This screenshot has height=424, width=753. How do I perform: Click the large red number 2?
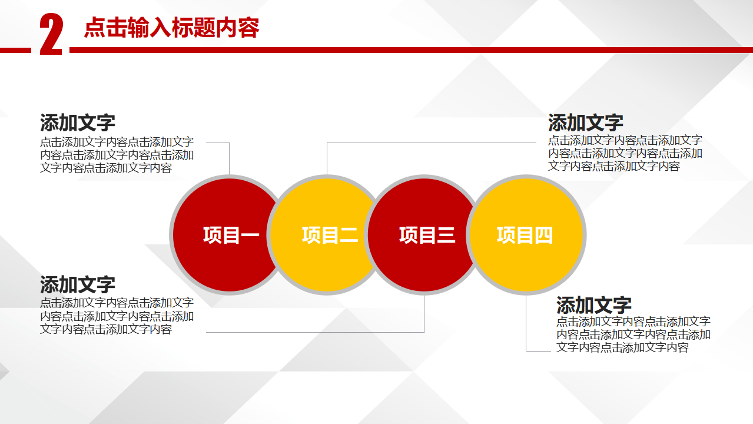(51, 34)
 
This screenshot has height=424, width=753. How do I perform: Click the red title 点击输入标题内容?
(172, 28)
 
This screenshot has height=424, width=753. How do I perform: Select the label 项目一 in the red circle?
(231, 235)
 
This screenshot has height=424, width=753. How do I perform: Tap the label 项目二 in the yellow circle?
(330, 235)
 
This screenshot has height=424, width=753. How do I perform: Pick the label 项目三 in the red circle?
(427, 235)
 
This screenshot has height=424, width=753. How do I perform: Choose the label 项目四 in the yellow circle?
(525, 235)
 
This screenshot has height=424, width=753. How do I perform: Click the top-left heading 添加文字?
(78, 122)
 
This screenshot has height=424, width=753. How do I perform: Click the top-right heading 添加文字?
(586, 122)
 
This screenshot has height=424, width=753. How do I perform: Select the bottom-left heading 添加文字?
(78, 284)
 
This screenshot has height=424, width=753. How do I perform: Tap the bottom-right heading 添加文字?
(594, 305)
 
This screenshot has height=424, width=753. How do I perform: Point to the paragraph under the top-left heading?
(117, 155)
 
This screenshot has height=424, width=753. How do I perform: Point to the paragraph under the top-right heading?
(625, 153)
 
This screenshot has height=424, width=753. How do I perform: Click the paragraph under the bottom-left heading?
(117, 316)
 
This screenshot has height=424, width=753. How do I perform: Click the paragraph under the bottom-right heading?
(633, 334)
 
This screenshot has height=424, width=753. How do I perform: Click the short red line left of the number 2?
(15, 51)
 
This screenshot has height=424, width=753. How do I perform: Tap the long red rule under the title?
(411, 51)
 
